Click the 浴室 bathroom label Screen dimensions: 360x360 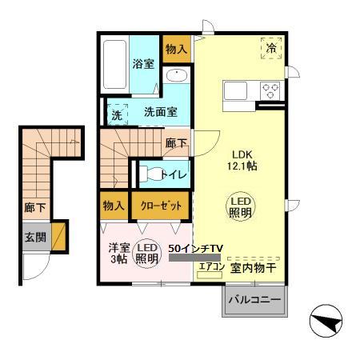(143, 64)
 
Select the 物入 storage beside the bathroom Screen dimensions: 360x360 (176, 50)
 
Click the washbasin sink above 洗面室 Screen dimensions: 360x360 (177, 77)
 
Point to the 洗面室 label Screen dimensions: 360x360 (159, 113)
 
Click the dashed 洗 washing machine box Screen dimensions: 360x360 (117, 113)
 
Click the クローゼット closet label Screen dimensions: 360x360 (161, 206)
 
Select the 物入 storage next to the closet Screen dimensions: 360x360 (114, 206)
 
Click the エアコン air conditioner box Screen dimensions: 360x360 (210, 268)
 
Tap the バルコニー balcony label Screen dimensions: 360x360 (254, 302)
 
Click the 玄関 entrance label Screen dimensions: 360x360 (34, 238)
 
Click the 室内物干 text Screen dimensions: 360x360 (254, 268)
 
